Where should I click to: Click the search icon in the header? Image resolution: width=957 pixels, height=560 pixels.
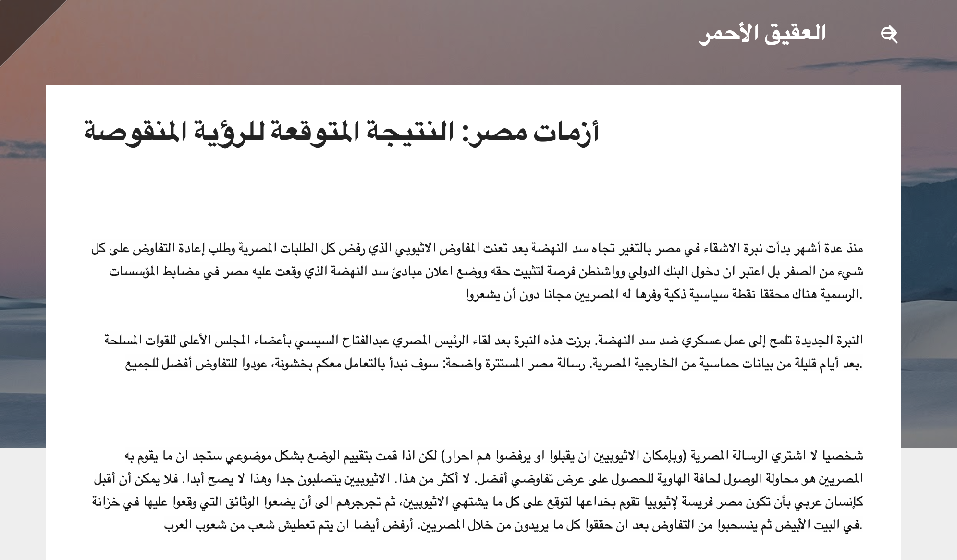pos(889,35)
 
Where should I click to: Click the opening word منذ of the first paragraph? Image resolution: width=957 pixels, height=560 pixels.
pos(854,249)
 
